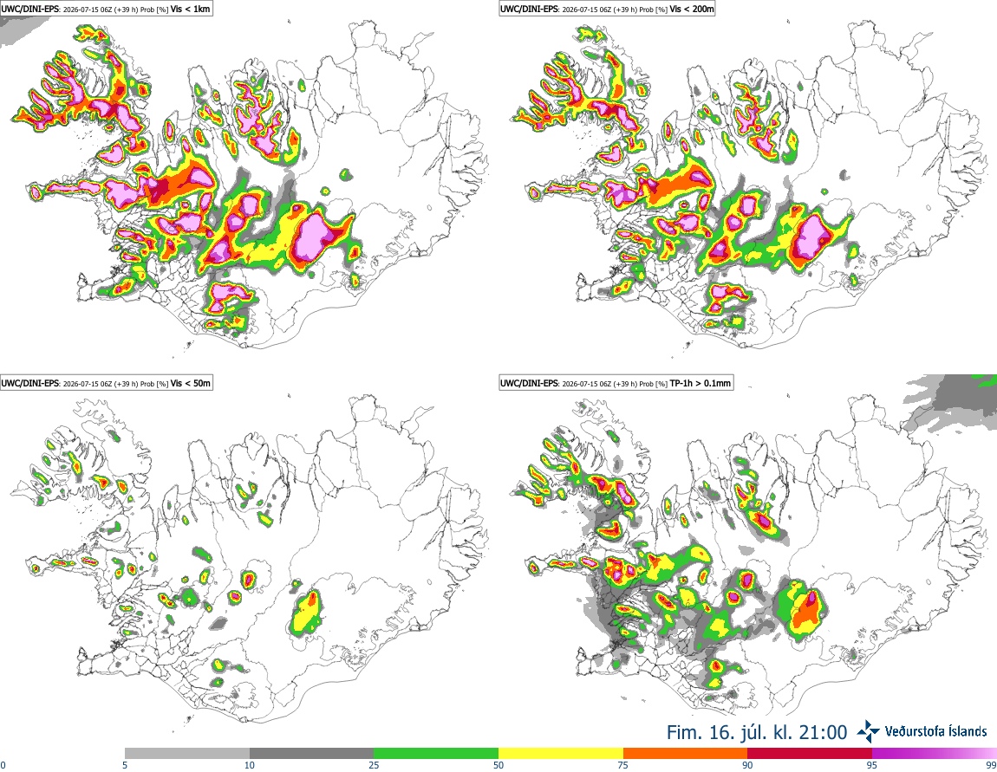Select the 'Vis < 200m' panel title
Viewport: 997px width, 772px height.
coord(692,9)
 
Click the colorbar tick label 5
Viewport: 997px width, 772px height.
coord(125,765)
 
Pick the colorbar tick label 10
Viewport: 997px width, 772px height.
coord(250,765)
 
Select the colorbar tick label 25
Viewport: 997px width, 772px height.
coord(374,765)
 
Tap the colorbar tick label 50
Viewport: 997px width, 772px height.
coord(498,765)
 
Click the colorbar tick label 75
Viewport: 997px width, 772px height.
coord(623,765)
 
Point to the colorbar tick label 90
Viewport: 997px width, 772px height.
coord(747,765)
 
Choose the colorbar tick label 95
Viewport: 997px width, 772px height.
coord(872,765)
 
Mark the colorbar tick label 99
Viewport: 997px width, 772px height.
coord(992,765)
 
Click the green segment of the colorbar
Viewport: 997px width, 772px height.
coord(436,754)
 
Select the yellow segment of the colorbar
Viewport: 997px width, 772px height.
coord(561,754)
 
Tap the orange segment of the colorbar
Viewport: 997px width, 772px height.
coord(686,754)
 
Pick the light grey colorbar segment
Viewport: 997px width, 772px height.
coord(187,754)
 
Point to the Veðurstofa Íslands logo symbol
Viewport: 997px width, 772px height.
coord(869,732)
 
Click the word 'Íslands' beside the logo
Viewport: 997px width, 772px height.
coord(961,731)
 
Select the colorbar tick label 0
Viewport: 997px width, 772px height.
coord(3,765)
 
